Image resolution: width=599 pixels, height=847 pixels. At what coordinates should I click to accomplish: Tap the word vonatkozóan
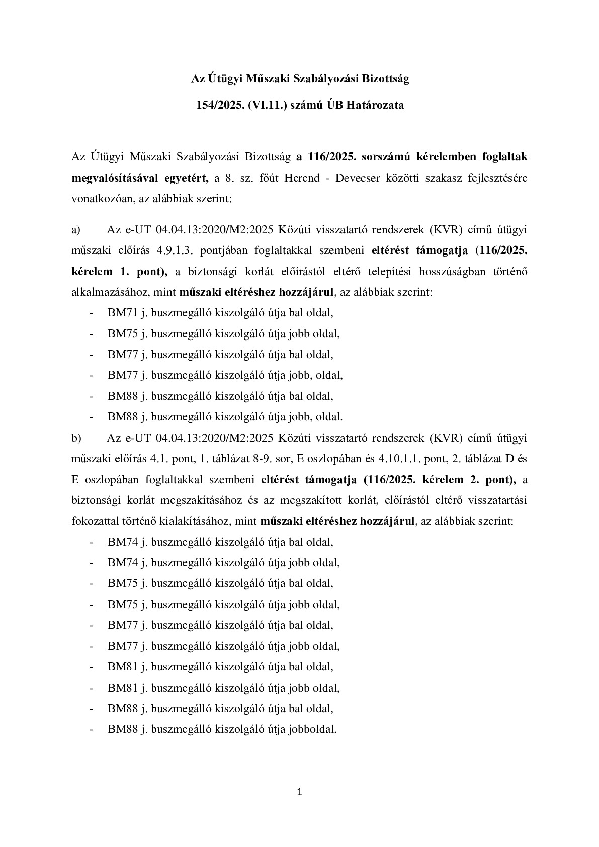tap(98, 199)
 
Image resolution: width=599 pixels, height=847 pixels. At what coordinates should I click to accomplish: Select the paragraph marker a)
tap(76, 230)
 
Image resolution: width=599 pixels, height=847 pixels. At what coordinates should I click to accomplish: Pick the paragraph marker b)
tap(76, 438)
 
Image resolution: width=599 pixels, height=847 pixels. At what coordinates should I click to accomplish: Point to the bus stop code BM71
tap(119, 313)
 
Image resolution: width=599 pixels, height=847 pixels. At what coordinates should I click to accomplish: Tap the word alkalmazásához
tap(109, 293)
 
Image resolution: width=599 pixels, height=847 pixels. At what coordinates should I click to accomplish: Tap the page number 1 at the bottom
tap(300, 793)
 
